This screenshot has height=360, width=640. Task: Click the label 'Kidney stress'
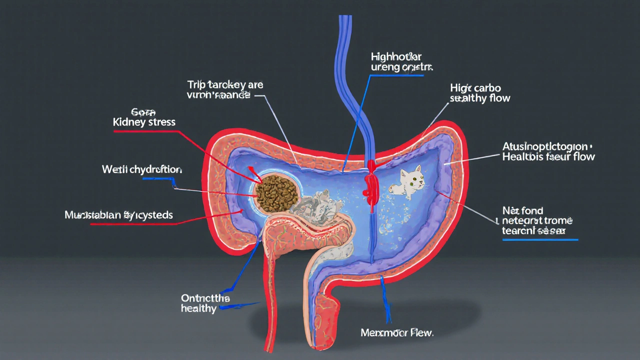[x=144, y=122]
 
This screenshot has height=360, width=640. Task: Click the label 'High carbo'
[x=475, y=88]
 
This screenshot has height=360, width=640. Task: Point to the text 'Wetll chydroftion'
[x=142, y=169]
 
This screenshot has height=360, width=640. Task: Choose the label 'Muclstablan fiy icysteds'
[x=118, y=215]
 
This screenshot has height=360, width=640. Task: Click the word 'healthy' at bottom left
[x=198, y=308]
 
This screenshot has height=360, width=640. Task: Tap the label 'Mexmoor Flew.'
[x=397, y=332]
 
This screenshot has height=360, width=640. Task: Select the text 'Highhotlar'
[x=396, y=56]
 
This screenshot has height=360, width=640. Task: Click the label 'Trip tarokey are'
[x=225, y=84]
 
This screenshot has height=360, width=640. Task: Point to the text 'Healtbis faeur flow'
[x=548, y=156]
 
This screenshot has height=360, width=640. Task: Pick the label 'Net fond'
[x=522, y=210]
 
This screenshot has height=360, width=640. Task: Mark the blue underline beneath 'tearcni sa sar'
[x=540, y=240]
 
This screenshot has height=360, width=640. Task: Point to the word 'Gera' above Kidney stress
[x=144, y=111]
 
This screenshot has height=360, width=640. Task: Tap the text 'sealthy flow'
[x=480, y=98]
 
